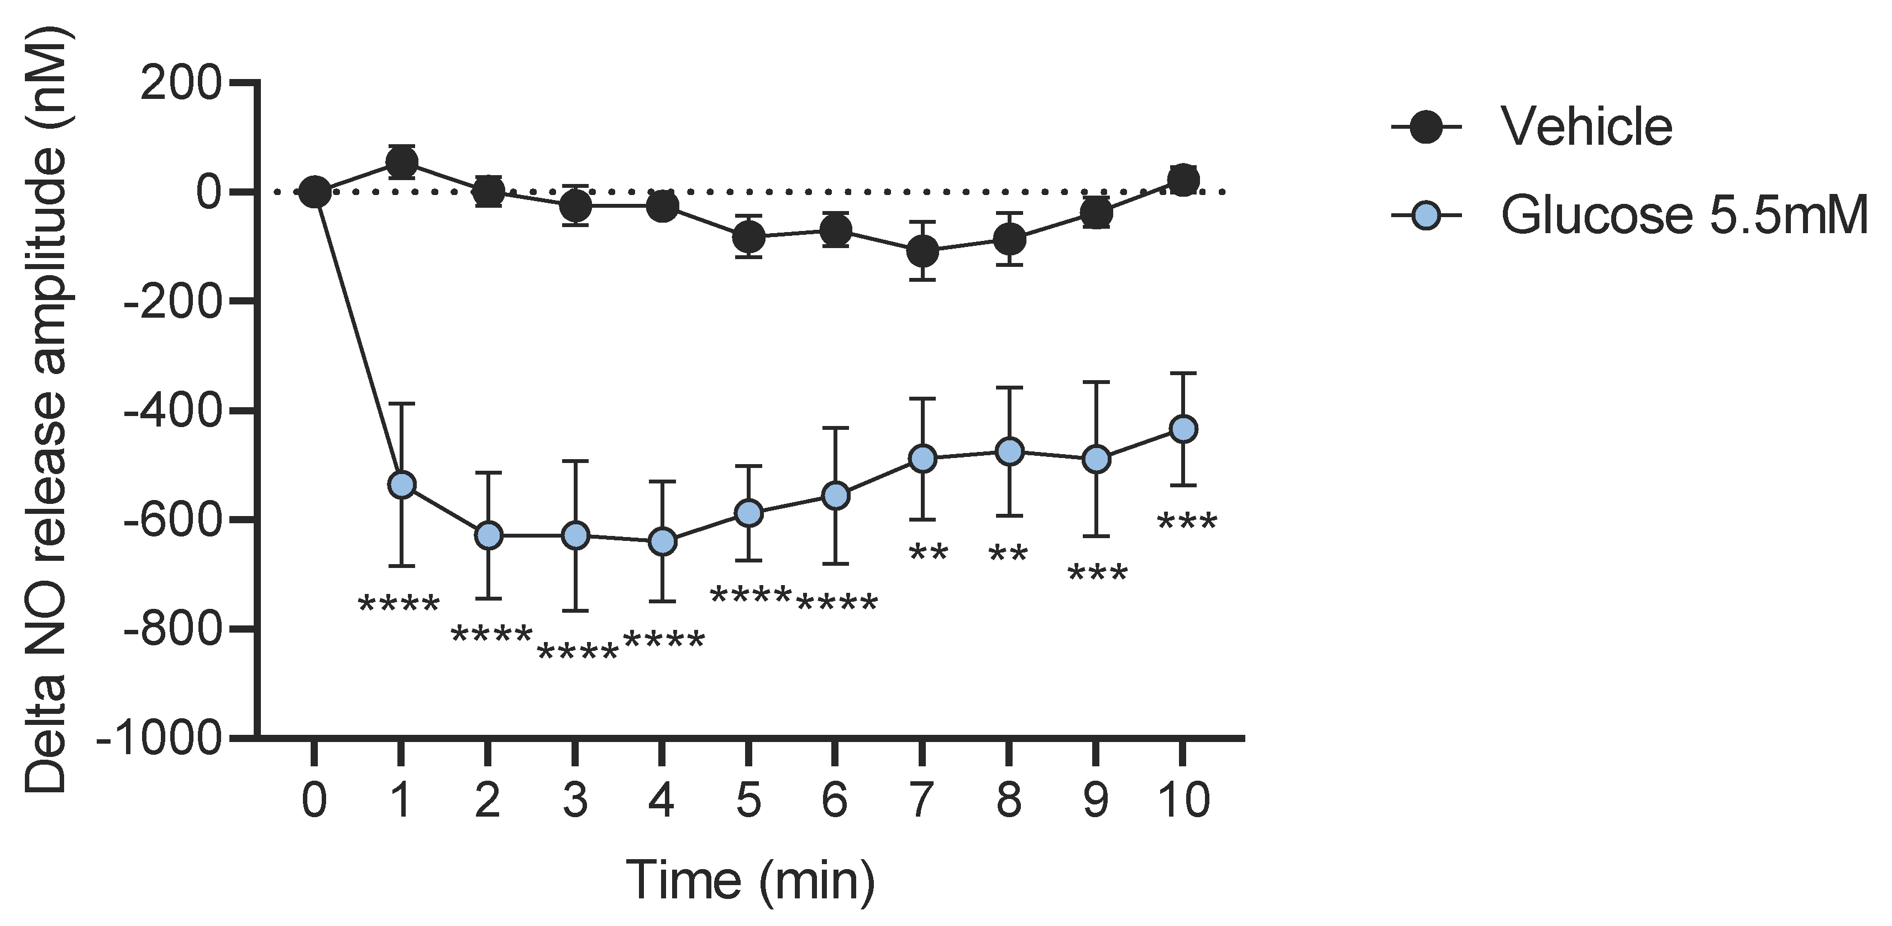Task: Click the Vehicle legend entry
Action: tap(1586, 127)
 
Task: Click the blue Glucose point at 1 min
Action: tap(401, 485)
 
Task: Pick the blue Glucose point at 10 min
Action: tap(1182, 429)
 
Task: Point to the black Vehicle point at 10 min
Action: tap(1182, 179)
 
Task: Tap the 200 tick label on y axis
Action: tap(180, 83)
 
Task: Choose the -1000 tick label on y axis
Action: tap(159, 736)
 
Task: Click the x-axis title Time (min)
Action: tap(751, 880)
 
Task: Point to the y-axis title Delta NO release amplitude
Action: tap(45, 411)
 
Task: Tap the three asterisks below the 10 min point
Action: tap(1186, 524)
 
